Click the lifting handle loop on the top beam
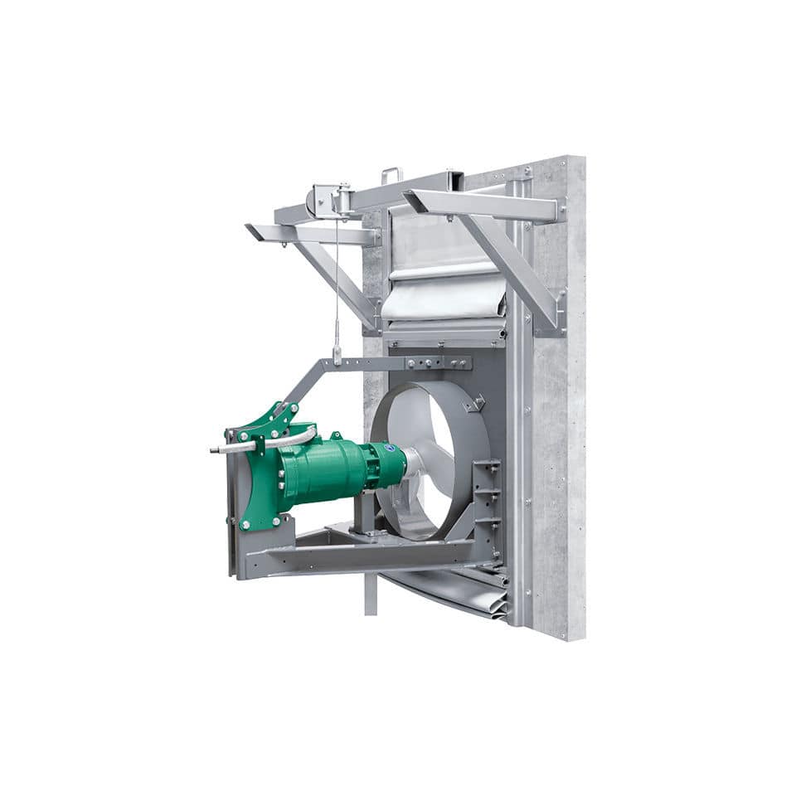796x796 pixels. (391, 175)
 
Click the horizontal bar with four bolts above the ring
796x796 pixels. (431, 363)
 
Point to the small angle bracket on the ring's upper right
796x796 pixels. (475, 404)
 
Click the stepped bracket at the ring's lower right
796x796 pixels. (488, 498)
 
